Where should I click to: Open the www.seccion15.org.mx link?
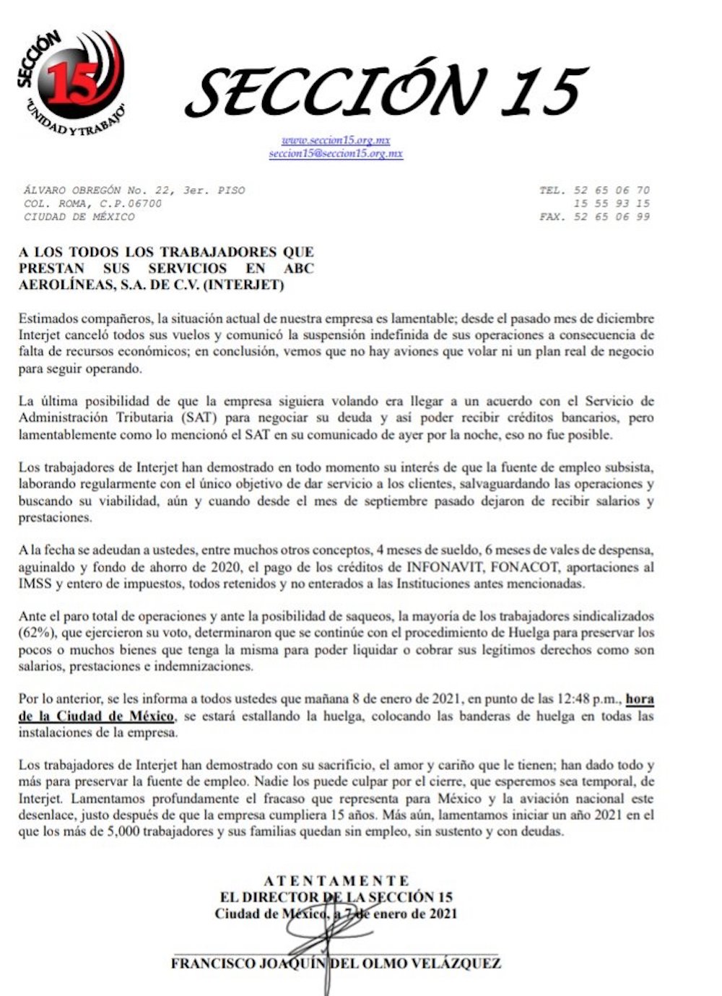(336, 140)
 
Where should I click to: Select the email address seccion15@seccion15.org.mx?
(336, 154)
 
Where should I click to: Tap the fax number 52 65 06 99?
(612, 217)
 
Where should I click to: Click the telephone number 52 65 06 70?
(612, 191)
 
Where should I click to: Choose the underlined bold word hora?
(640, 699)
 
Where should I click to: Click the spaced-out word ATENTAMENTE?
(336, 881)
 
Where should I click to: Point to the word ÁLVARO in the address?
(42, 191)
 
